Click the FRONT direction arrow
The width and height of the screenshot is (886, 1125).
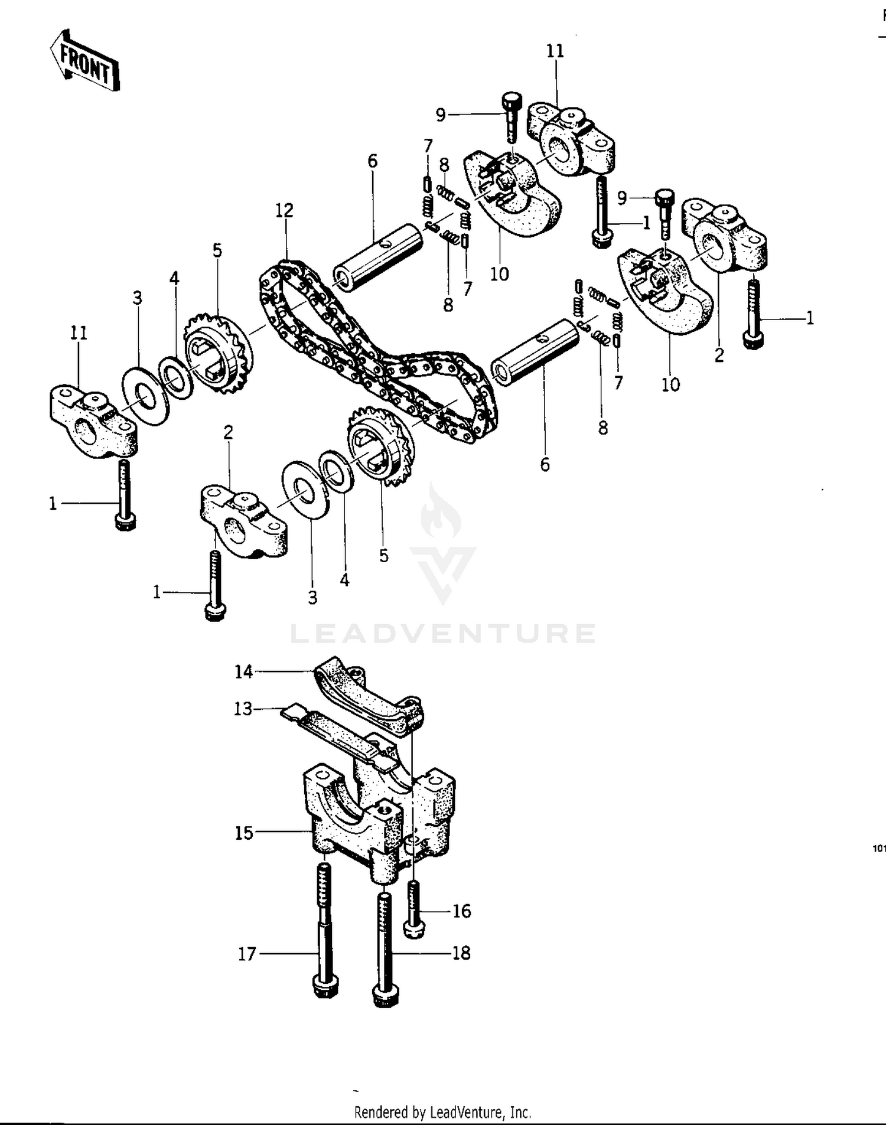click(84, 61)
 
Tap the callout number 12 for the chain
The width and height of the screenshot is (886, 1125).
click(284, 210)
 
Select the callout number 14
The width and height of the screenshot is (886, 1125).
click(243, 671)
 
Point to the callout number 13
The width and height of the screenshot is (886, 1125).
click(243, 709)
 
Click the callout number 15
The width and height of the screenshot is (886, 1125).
click(244, 833)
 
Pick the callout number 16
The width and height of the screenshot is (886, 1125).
click(462, 911)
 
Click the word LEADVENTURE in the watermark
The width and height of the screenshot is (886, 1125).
click(443, 633)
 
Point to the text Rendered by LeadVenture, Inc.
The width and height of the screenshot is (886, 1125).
click(442, 1113)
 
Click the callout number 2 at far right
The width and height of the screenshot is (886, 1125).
click(719, 356)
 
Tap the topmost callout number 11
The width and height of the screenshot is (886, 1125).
click(555, 51)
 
